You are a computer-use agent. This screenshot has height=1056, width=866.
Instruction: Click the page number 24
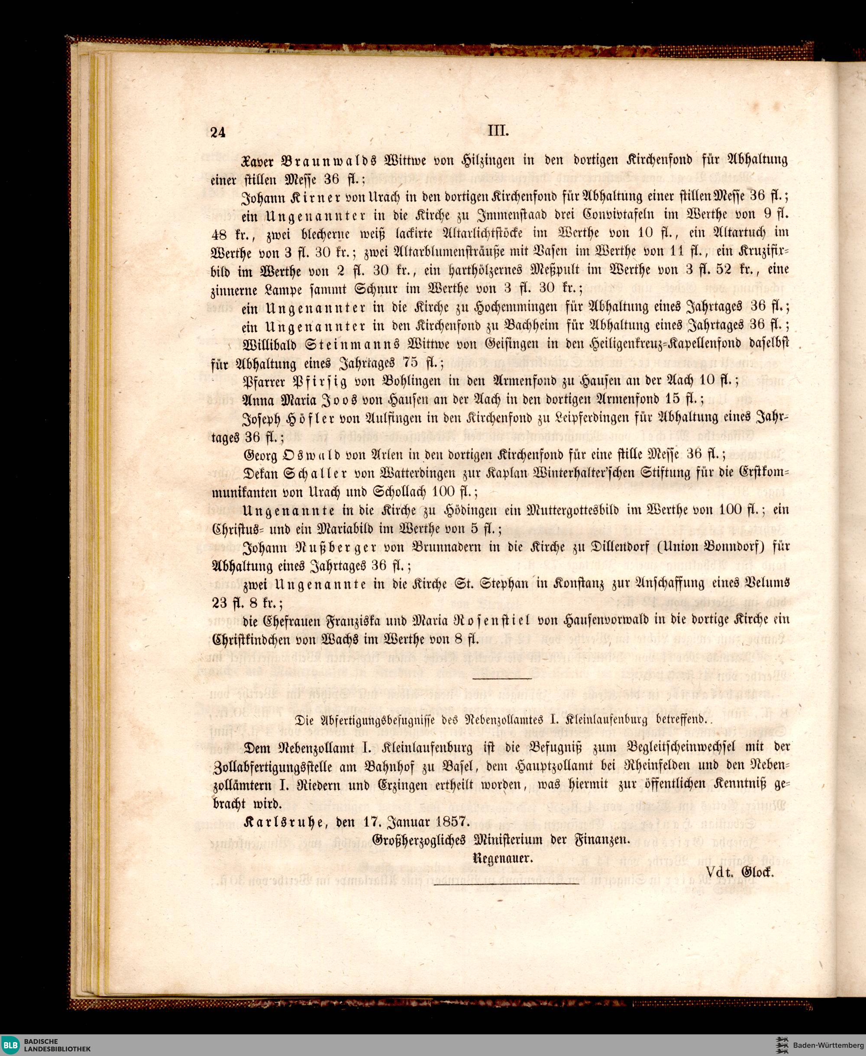click(218, 132)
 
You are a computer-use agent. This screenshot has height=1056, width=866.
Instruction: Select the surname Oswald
click(317, 455)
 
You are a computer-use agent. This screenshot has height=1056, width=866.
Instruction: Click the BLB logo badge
click(10, 1043)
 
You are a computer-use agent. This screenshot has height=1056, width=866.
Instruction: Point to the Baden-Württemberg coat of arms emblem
click(782, 1043)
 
